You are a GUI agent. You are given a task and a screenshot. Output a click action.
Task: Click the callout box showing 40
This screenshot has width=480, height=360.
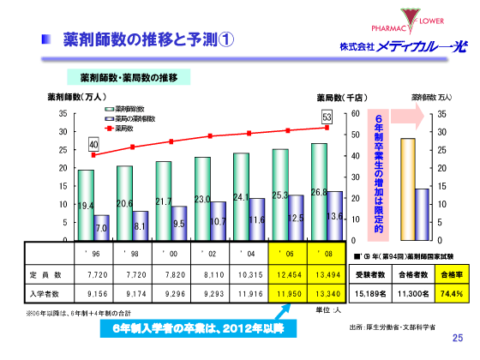93,144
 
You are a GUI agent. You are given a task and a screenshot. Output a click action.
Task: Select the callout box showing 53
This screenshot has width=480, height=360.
327,116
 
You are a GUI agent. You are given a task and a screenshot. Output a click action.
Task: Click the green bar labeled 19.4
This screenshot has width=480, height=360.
86,206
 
